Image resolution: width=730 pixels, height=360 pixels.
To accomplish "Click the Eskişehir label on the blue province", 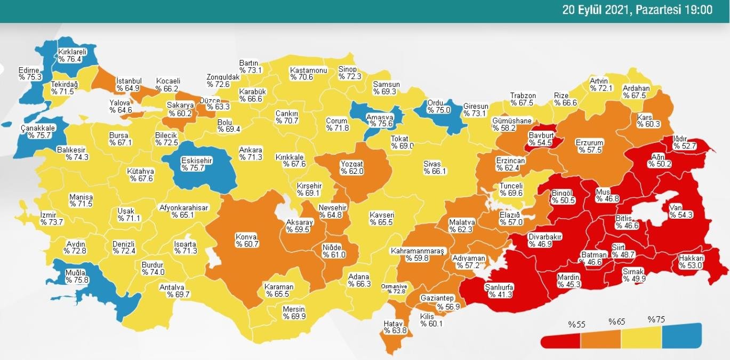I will tap(197, 164).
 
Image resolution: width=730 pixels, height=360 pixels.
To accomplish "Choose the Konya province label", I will tap(246, 240).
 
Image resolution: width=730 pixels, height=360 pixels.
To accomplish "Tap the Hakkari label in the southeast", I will tap(692, 262).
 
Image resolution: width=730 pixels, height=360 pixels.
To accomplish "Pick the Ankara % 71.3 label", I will tap(251, 154).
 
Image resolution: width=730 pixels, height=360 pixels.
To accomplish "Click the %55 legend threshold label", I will tap(576, 324).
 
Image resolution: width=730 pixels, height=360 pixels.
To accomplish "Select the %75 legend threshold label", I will tap(656, 319).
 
